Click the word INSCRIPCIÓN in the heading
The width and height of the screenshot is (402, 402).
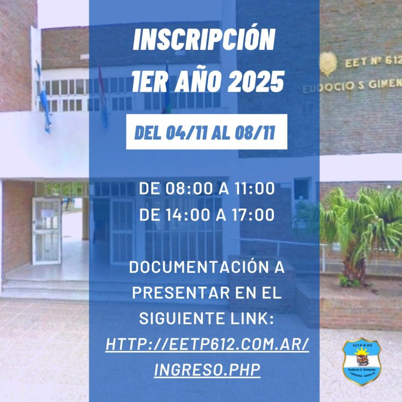(204, 40)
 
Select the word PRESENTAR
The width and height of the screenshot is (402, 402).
(181, 293)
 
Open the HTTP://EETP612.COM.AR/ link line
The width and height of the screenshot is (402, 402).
(207, 345)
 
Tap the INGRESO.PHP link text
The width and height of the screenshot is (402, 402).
(207, 369)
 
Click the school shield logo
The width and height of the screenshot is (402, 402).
(362, 362)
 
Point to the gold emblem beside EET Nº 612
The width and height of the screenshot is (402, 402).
(328, 63)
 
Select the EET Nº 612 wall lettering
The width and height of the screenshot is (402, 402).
(373, 62)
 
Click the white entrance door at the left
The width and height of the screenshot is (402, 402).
(47, 231)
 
